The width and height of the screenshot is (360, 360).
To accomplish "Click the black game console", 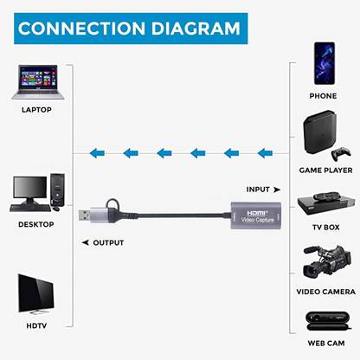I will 324,132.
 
